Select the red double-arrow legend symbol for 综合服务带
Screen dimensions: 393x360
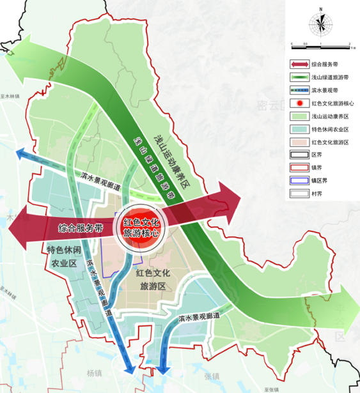[298, 64]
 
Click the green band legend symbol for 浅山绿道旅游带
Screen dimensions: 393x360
[298, 77]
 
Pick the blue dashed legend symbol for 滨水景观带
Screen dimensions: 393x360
[298, 89]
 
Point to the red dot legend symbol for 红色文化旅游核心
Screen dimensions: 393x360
[298, 102]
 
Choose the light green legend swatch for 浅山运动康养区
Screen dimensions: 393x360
[298, 116]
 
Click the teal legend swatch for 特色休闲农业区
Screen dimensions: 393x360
[298, 128]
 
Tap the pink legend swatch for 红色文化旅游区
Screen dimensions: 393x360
[298, 141]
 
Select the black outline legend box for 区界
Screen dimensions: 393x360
[298, 154]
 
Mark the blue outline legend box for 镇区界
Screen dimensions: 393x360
[298, 180]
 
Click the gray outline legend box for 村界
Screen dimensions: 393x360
[298, 193]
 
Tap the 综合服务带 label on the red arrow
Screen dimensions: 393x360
[81, 227]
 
